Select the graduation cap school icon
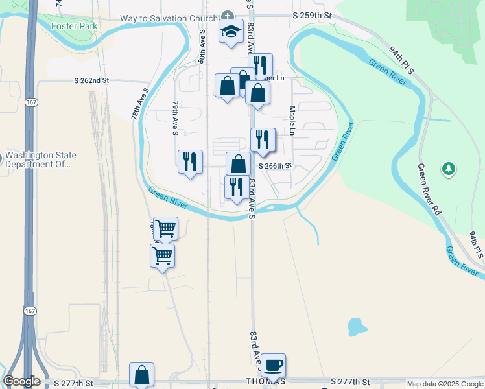[x=230, y=32]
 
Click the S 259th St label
[x=312, y=14]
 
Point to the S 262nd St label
[x=91, y=80]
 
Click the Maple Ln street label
[x=292, y=121]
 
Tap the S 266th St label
[x=276, y=166]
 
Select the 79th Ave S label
[x=175, y=118]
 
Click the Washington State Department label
[x=40, y=160]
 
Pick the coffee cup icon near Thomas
[x=273, y=364]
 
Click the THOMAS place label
[x=265, y=382]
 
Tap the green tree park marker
[x=448, y=169]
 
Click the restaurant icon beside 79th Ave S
[x=190, y=161]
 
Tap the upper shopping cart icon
[x=166, y=228]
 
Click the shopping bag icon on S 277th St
[x=141, y=374]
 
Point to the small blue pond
[x=355, y=327]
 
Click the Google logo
[x=21, y=381]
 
